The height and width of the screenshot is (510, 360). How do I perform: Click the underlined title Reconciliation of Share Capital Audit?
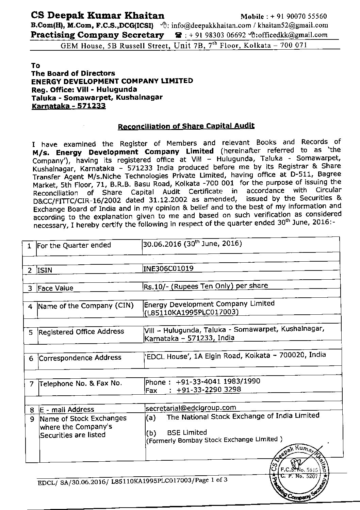(x=186, y=126)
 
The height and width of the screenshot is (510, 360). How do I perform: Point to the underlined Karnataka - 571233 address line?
(x=68, y=106)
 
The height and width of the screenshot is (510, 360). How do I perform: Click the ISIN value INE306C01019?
(x=169, y=268)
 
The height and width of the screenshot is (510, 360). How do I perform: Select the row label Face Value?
(x=55, y=288)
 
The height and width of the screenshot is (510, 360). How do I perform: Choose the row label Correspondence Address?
(x=80, y=358)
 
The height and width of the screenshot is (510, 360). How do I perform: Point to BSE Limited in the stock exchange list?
(x=187, y=432)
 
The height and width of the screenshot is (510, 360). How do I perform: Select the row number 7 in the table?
(x=32, y=384)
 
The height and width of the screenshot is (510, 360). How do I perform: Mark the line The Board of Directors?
(x=73, y=73)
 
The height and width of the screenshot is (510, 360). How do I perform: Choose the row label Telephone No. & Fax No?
(x=81, y=383)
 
